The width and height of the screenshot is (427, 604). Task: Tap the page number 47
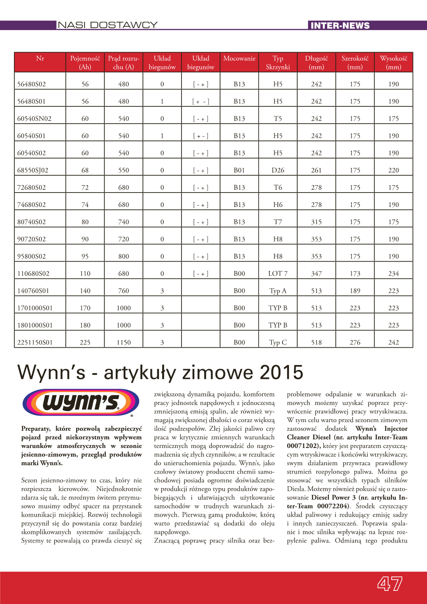pos(390,583)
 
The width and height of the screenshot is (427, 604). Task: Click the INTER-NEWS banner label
pos(340,25)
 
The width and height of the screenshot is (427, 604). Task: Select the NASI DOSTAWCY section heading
pos(108,25)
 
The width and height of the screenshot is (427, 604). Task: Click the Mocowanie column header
pos(239,59)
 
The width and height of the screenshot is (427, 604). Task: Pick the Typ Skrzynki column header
pos(278,63)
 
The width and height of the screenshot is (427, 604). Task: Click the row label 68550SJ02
pos(33,170)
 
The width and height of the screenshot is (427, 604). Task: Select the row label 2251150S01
pos(35,342)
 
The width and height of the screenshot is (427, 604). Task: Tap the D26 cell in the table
pos(278,170)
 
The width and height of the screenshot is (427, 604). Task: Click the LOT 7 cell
pos(278,273)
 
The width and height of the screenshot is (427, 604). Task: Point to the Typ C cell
pos(278,342)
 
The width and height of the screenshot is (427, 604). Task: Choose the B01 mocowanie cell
pos(239,170)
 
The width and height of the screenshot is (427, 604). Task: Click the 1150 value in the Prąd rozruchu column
pos(124,342)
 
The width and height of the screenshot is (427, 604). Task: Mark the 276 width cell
pos(355,342)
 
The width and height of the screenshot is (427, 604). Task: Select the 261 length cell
pos(317,170)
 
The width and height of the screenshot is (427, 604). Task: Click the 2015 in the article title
pos(281,372)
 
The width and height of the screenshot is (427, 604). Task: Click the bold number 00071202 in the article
pos(303,446)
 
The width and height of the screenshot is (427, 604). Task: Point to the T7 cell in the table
pos(278,222)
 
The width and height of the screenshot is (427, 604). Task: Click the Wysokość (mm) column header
pos(394,63)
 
